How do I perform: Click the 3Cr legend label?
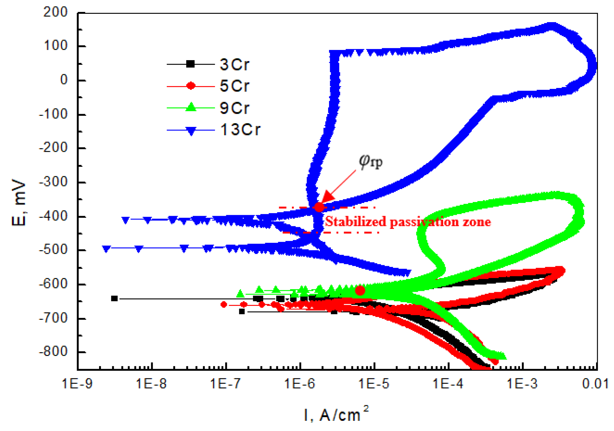point(234,64)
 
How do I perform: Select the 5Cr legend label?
point(234,86)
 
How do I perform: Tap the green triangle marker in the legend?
point(191,107)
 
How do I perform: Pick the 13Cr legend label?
point(240,130)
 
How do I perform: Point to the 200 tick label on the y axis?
point(56,12)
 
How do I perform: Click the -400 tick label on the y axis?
point(54,216)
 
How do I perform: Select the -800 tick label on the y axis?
point(54,352)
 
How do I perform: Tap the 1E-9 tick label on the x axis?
point(77,384)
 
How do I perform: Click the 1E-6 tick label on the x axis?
point(300,384)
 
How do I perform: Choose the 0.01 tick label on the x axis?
point(595,384)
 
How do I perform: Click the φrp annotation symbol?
point(370,162)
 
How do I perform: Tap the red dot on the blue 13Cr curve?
point(319,207)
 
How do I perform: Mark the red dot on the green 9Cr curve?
point(360,290)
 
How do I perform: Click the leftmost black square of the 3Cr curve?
point(114,298)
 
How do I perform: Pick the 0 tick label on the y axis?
point(64,80)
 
